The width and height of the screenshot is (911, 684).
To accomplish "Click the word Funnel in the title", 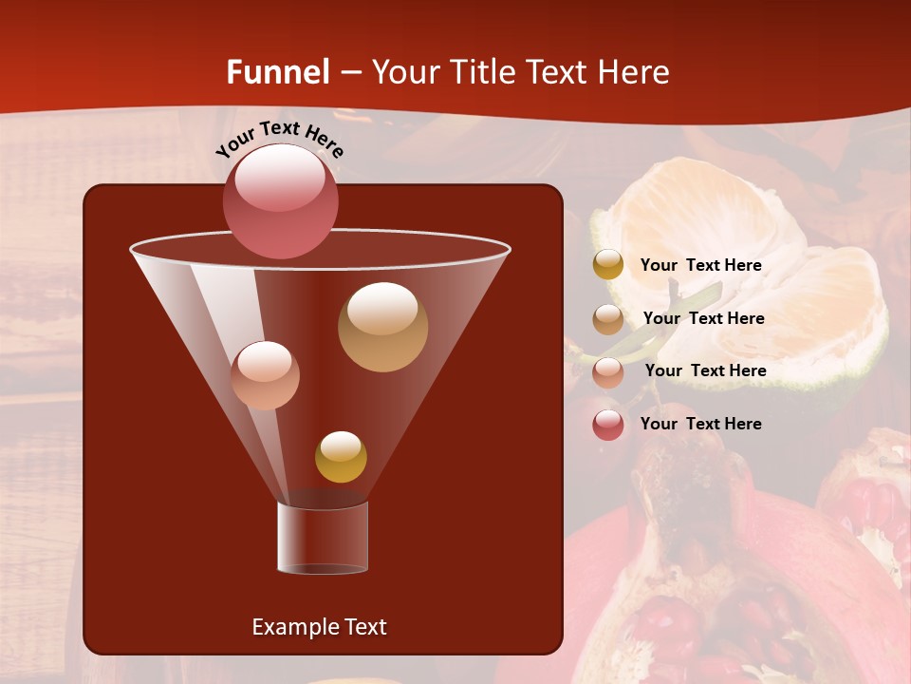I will (x=278, y=72).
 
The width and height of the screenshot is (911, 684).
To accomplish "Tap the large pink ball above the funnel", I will (x=280, y=200).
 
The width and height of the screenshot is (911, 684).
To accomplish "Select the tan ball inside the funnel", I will (x=382, y=327).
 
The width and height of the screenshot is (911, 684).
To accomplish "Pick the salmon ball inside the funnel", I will (x=265, y=375).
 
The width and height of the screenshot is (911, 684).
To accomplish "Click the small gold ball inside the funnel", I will (x=341, y=457).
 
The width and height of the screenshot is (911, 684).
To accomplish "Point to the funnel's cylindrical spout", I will (x=323, y=538).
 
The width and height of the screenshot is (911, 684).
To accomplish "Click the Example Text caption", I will (x=319, y=627).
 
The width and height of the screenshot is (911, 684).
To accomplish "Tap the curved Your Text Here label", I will (x=280, y=139).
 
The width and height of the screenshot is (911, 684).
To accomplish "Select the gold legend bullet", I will (x=608, y=265).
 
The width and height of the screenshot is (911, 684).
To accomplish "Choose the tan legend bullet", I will (x=608, y=318).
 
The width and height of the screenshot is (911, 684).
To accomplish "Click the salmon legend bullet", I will (x=608, y=371).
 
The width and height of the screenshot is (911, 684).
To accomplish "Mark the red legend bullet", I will (x=608, y=425).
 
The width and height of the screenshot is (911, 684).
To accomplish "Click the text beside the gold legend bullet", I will (x=700, y=265).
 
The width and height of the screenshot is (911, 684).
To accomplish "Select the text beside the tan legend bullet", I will (x=703, y=318).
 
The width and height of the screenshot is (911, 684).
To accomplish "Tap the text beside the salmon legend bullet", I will (x=705, y=370).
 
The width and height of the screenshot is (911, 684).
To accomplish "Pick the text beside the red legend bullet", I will (x=700, y=424).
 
